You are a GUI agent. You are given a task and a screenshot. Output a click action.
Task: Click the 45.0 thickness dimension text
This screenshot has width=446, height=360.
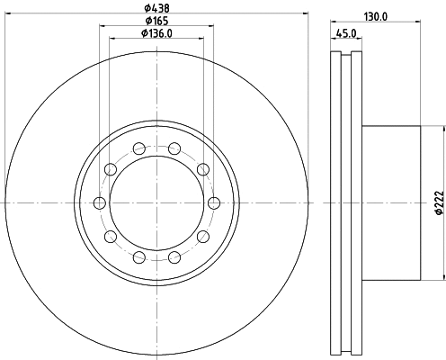345,35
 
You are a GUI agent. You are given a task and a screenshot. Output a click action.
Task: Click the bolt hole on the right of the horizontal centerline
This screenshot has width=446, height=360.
213,202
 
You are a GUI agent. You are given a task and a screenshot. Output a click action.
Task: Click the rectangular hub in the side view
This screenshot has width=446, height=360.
391,202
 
